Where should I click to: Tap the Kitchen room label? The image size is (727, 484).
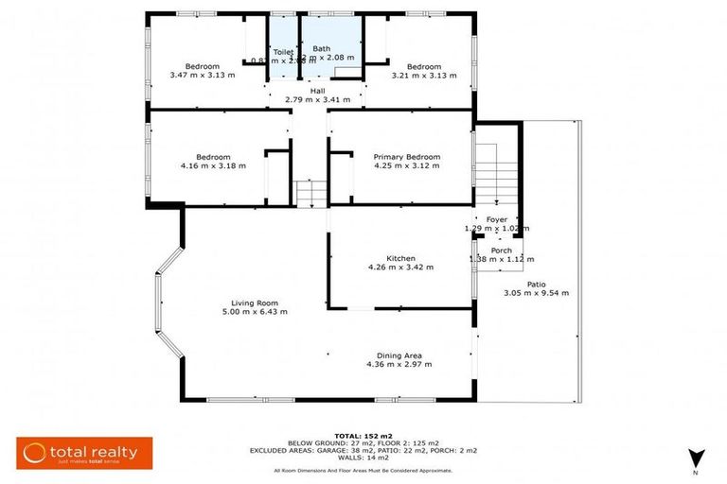point(400,257)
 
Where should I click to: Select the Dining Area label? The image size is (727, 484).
point(399,354)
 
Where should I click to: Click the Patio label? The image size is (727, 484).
point(536,284)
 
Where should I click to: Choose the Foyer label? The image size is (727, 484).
point(497,219)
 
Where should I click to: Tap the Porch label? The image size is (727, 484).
point(501,251)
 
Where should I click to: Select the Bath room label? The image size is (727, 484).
point(322,48)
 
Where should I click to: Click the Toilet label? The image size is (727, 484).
point(283,52)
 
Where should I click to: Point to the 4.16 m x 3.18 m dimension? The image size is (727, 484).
point(214,165)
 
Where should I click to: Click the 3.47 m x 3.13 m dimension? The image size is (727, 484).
point(203,75)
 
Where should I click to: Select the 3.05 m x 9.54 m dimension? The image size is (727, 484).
point(536,293)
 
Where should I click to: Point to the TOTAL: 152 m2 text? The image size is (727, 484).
point(363,436)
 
